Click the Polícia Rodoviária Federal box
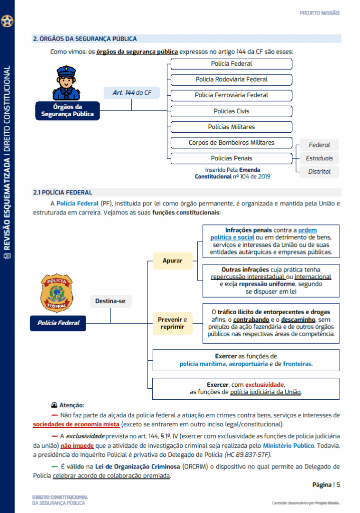[x=231, y=79]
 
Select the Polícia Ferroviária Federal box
[x=231, y=95]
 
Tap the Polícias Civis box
[x=231, y=111]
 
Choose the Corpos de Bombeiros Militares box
[x=231, y=143]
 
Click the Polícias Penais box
[x=231, y=158]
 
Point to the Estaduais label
[x=319, y=158]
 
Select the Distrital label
[x=319, y=172]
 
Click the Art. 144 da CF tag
[x=132, y=93]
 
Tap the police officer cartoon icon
[x=66, y=83]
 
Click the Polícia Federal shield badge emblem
[x=56, y=293]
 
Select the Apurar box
[x=172, y=261]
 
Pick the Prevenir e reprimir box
[x=172, y=323]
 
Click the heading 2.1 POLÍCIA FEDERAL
[x=63, y=192]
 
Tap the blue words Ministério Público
[x=288, y=445]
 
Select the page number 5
[x=338, y=484]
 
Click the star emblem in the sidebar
[x=8, y=22]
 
